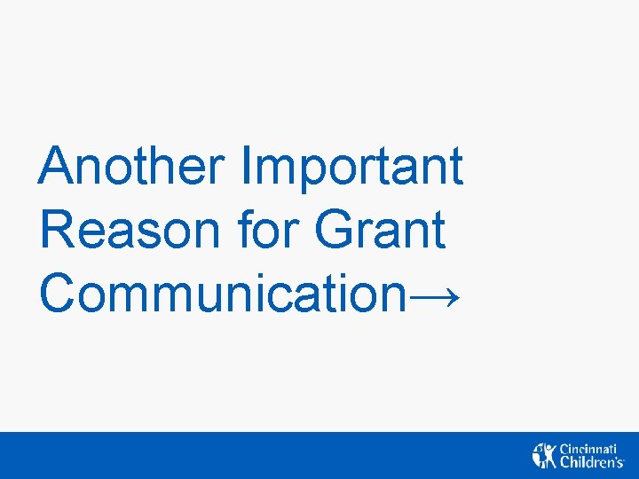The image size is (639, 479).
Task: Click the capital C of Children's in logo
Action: pyautogui.click(x=564, y=462)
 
